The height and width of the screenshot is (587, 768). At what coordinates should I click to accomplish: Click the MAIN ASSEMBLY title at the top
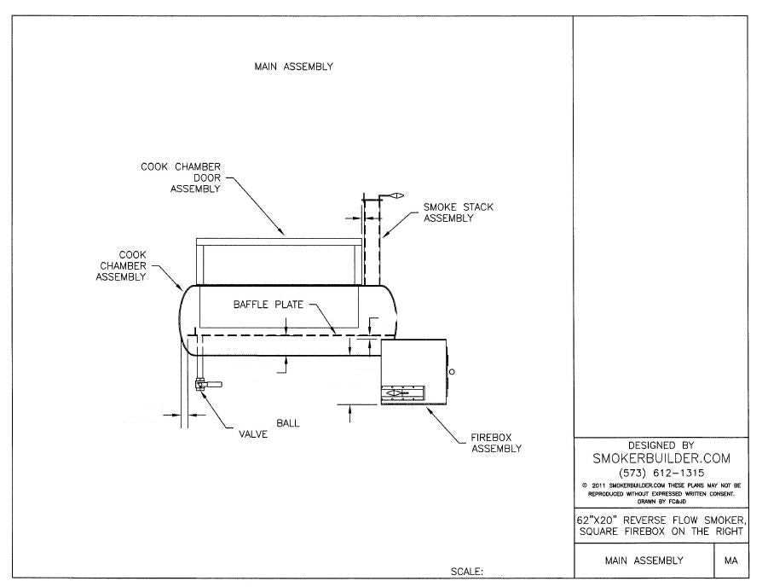click(293, 67)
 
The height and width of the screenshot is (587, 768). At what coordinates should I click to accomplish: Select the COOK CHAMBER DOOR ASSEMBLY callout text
click(181, 177)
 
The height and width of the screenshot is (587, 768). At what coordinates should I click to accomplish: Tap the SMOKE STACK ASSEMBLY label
click(458, 212)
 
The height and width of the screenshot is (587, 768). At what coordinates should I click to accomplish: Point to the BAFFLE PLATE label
click(269, 305)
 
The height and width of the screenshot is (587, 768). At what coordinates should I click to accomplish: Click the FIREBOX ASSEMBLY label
click(495, 443)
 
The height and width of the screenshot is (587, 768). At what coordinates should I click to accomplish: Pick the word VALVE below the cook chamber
click(253, 434)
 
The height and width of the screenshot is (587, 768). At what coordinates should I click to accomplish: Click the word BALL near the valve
click(288, 422)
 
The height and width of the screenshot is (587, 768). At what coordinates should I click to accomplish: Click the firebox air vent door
click(401, 393)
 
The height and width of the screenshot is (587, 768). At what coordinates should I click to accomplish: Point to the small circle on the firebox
click(452, 371)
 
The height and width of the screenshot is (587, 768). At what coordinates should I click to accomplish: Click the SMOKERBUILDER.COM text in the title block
click(661, 458)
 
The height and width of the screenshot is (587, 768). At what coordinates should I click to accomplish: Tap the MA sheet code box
click(730, 561)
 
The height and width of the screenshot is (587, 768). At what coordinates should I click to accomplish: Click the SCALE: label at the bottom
click(467, 571)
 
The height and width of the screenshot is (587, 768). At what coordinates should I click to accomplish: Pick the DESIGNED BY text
click(661, 445)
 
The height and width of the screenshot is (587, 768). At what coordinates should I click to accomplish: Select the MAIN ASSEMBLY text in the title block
click(644, 561)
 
